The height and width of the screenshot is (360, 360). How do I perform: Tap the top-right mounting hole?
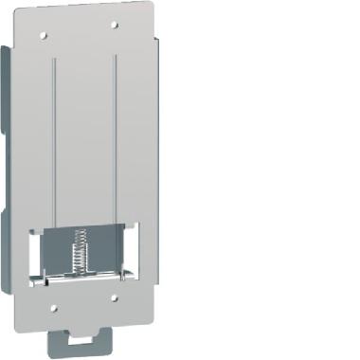pos(114,25)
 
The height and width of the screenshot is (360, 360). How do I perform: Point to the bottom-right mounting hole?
pos(114,297)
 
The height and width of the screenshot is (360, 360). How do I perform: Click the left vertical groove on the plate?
pos(54,142)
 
